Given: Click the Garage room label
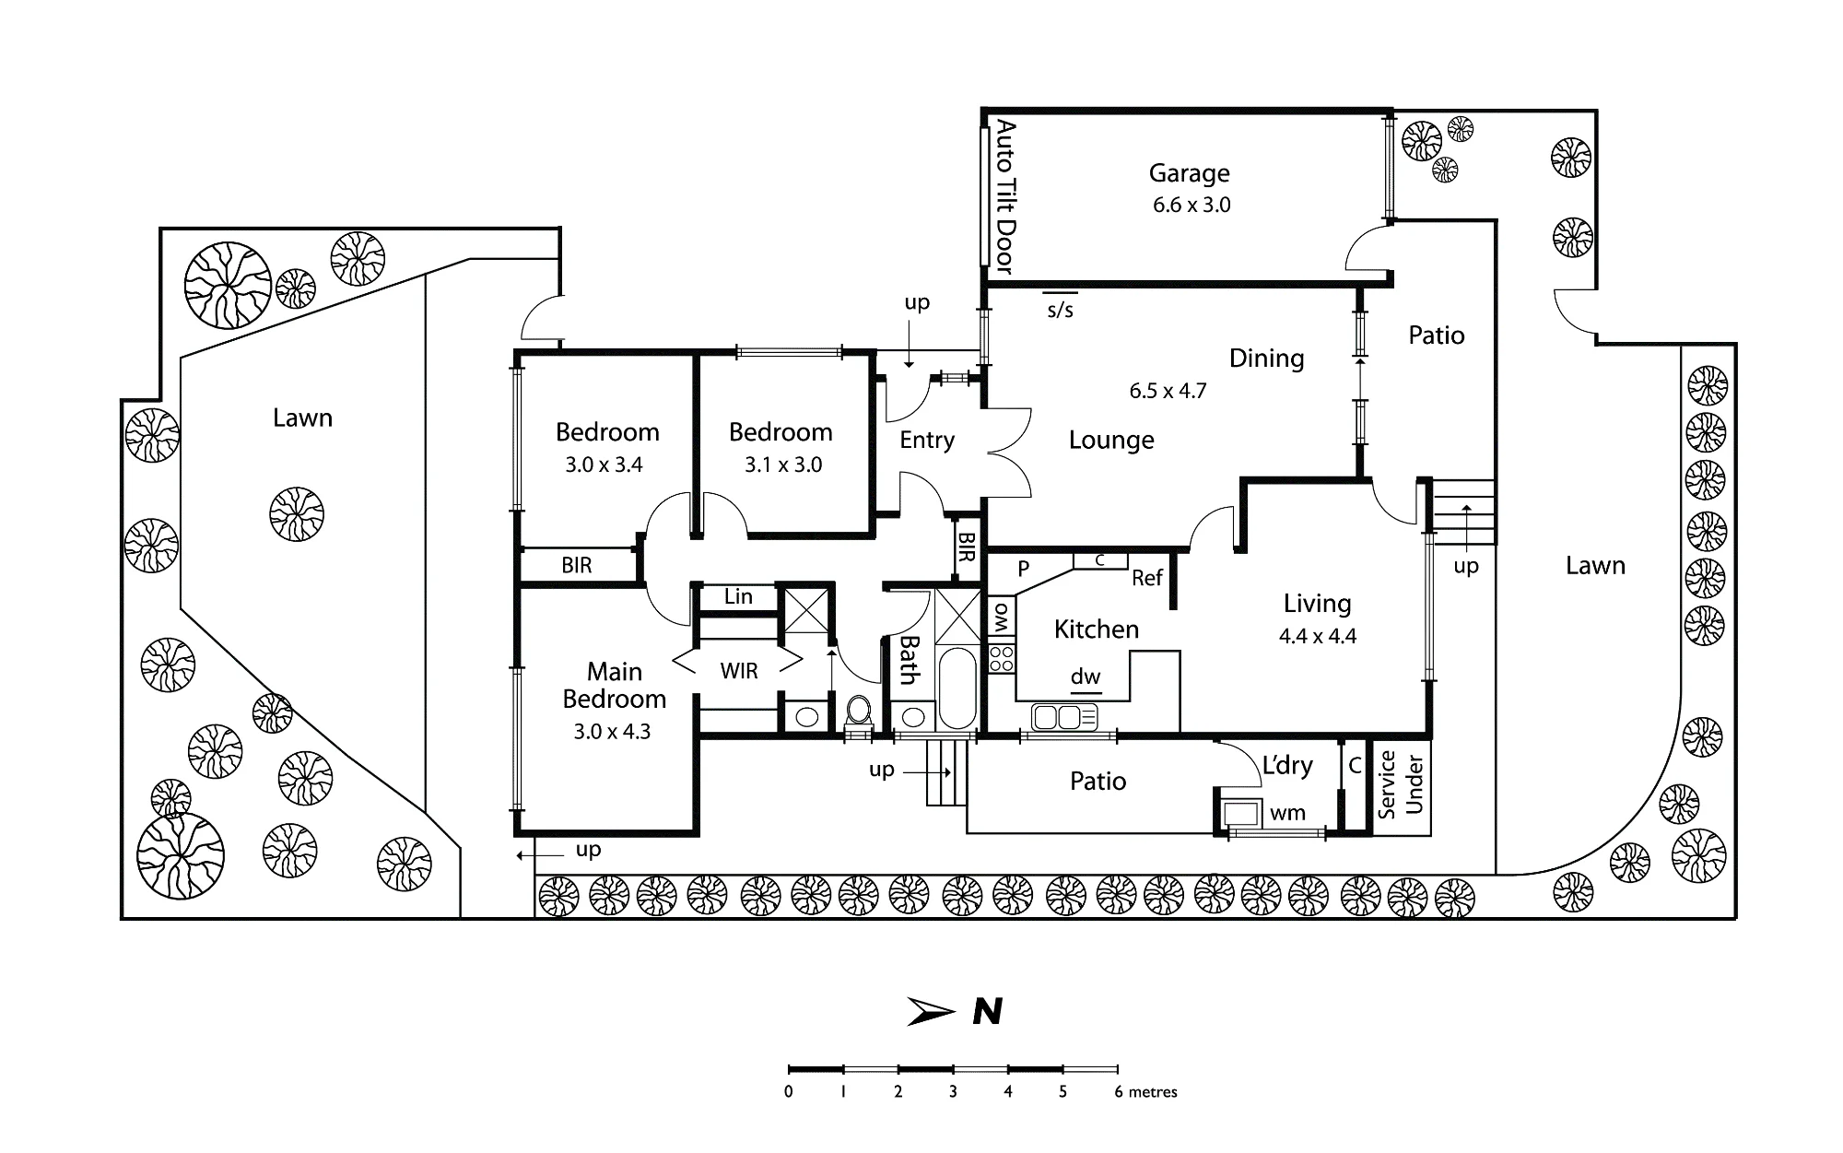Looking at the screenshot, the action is [1189, 173].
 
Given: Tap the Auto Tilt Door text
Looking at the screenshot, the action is [1005, 196].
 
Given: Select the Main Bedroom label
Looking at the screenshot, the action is [615, 685].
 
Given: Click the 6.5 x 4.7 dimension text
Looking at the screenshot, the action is [1168, 391].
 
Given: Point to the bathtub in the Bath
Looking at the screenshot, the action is [957, 688].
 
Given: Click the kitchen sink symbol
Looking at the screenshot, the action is [1064, 716].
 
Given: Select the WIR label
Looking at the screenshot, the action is [739, 671].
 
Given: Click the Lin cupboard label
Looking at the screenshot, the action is [738, 596].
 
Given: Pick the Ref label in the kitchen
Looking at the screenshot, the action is [1147, 578].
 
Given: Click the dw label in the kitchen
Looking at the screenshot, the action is [1086, 677].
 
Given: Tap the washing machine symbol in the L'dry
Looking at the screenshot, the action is [1239, 812].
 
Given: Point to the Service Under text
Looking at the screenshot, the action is [1401, 784].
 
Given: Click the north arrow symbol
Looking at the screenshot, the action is [930, 1011].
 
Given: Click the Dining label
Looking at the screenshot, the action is [1266, 359].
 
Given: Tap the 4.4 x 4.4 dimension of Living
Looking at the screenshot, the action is [1318, 636].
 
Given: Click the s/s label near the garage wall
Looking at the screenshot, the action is [1061, 310].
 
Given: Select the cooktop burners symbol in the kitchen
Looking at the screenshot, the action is [1002, 658].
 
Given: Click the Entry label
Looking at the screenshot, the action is [927, 441].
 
